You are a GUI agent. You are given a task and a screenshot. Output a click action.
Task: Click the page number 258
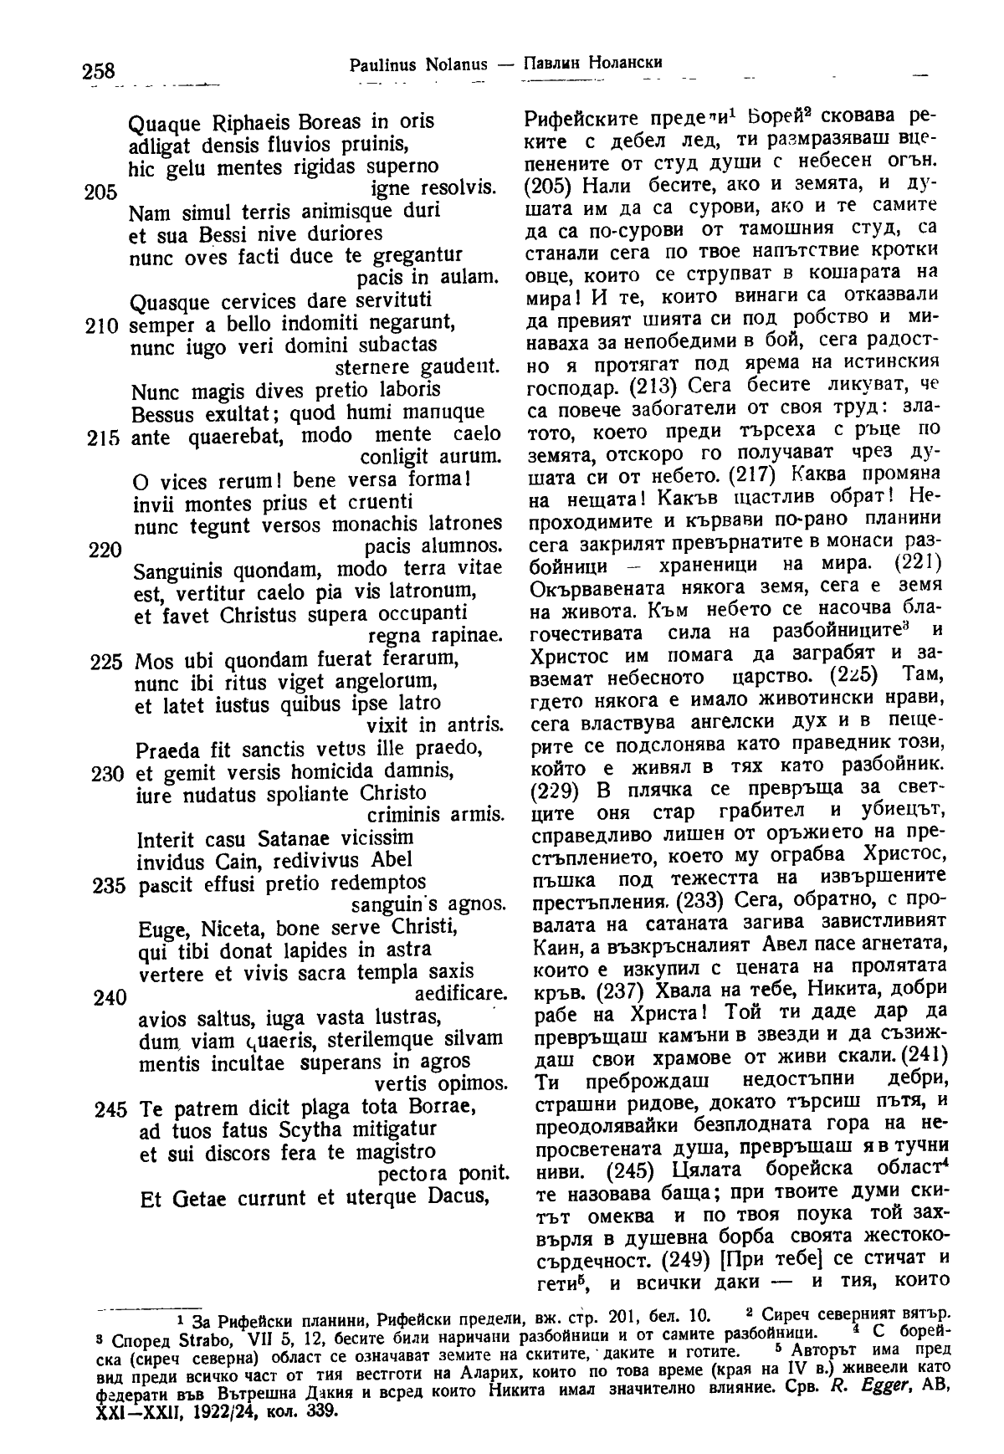[x=98, y=71]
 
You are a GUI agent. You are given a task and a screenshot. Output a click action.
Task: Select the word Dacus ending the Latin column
[x=458, y=1197]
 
